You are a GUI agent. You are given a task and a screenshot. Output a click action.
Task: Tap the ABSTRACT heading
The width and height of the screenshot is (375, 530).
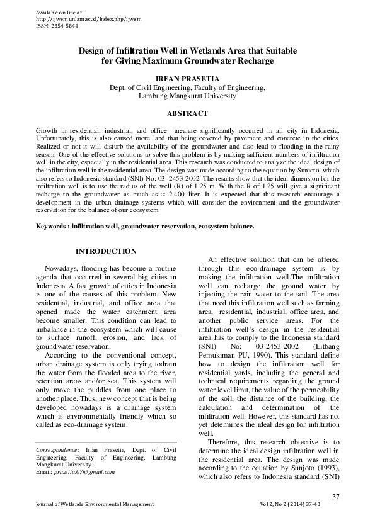(187, 114)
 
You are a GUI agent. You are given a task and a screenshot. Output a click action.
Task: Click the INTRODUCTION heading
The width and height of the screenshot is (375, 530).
(106, 252)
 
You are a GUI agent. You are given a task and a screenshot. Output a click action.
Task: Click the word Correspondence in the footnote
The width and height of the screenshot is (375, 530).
(58, 451)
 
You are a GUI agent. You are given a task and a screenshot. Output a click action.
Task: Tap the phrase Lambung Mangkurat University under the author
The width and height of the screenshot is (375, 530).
(187, 96)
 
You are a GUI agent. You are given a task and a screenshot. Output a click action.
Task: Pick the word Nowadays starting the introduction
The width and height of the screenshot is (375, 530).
(67, 269)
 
